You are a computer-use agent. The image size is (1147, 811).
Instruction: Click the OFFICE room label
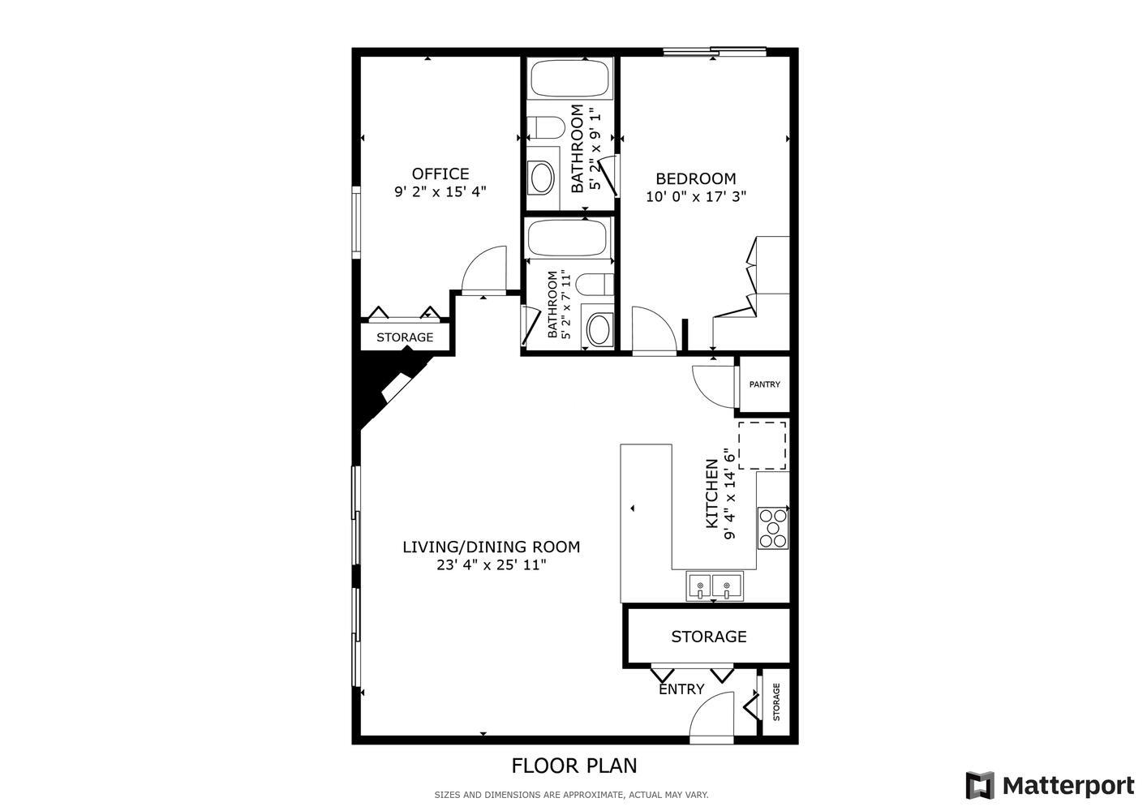click(x=440, y=174)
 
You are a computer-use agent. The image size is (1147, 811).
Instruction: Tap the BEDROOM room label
click(x=695, y=178)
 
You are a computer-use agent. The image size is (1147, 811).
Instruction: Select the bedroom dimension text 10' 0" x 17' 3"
click(x=695, y=196)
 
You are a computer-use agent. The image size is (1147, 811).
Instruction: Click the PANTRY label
click(x=764, y=384)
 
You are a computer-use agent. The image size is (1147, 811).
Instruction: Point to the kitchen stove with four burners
click(x=772, y=527)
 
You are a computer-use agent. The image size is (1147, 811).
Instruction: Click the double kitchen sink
click(x=714, y=586)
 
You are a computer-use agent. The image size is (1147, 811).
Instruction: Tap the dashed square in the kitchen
click(x=762, y=444)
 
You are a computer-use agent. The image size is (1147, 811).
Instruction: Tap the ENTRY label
click(x=681, y=689)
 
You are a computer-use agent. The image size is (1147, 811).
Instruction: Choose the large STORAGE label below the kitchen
click(x=708, y=637)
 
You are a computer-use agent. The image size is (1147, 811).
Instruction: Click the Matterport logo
click(x=1050, y=785)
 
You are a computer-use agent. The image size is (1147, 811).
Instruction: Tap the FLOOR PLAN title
click(x=573, y=766)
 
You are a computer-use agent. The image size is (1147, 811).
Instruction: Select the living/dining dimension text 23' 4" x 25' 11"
click(x=491, y=565)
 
